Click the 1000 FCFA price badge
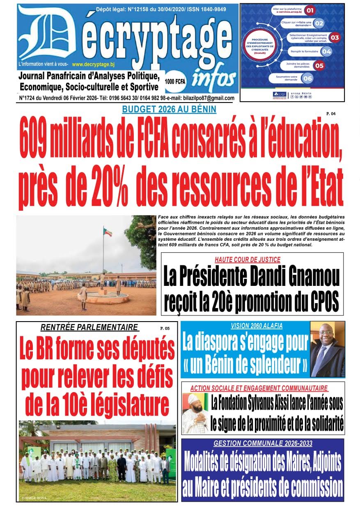pos(175,82)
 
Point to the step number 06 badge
pos(307,78)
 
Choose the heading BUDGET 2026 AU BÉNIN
pos(169,110)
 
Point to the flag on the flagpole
pos(107,232)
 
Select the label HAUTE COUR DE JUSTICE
pos(248,259)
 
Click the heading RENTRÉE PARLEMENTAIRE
pos(89,327)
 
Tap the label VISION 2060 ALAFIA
pos(245,326)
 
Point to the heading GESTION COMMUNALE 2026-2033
pos(263,443)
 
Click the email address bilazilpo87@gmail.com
pos(204,98)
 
